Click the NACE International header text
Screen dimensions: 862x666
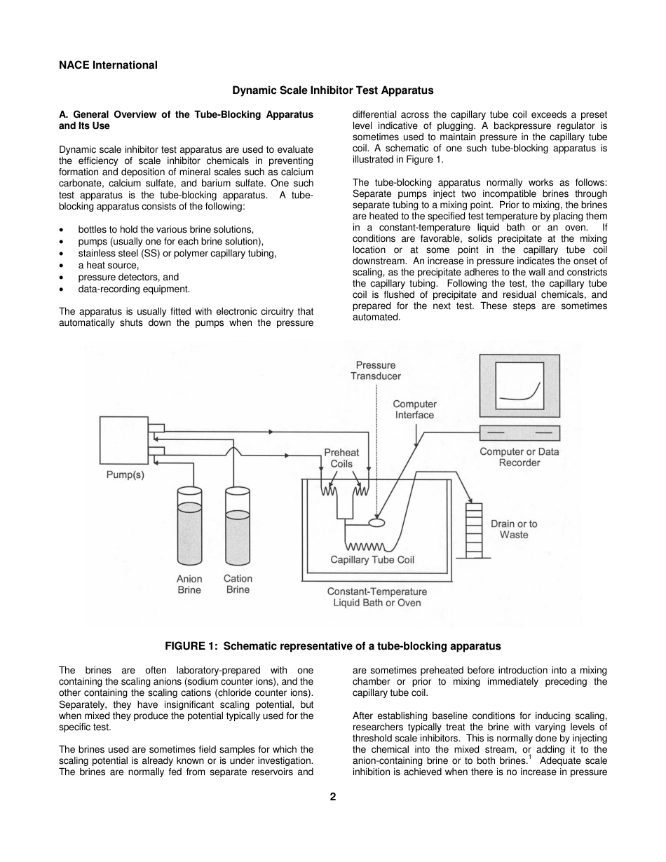pos(108,65)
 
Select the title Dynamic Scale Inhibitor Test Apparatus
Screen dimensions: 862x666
pos(332,90)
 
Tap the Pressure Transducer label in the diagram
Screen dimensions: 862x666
pos(376,371)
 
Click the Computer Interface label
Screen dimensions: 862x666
pos(414,409)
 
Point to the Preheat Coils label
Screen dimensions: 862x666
pos(341,458)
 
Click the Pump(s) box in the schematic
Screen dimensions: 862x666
pos(123,441)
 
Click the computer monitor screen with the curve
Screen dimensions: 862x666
pos(519,388)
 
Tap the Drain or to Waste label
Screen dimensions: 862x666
pos(514,529)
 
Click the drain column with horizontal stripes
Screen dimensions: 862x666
pos(475,530)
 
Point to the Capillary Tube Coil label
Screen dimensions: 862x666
pos(372,560)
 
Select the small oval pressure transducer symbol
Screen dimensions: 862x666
pos(376,522)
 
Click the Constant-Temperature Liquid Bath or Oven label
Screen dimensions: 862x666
pos(376,597)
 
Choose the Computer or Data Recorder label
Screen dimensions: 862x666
pos(519,457)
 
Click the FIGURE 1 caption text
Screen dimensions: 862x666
pos(332,645)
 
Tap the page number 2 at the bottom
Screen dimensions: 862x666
pos(333,797)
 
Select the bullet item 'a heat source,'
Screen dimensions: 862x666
pos(108,265)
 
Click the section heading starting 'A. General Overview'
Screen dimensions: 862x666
pos(186,120)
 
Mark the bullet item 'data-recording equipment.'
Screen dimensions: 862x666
pos(134,289)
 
